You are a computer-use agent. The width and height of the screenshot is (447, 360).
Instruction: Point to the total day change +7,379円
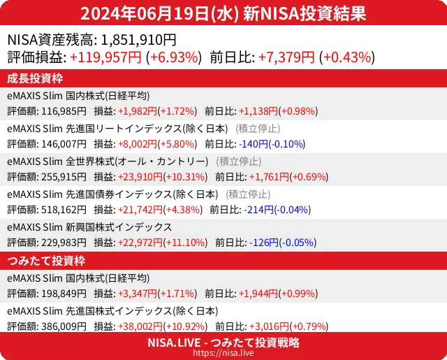(286, 57)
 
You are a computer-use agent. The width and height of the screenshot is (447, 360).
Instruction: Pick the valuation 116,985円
(64, 111)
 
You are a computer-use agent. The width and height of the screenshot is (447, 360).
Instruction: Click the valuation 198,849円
(64, 294)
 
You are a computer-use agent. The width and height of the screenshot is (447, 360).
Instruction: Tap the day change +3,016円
(263, 326)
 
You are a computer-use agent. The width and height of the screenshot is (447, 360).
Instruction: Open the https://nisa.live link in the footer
(223, 353)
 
